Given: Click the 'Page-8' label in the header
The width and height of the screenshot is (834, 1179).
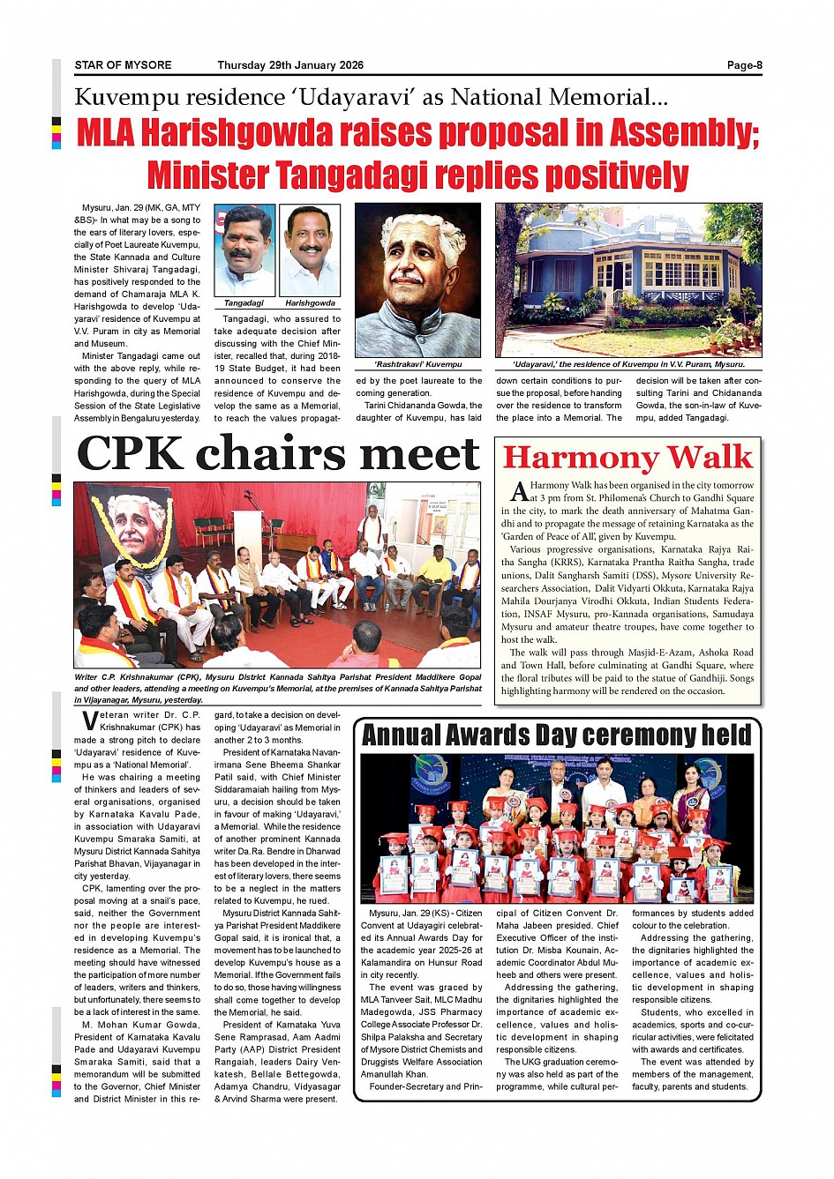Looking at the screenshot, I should click(x=744, y=65).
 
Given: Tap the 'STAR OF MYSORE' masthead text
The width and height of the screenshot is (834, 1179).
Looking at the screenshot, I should click(x=123, y=65).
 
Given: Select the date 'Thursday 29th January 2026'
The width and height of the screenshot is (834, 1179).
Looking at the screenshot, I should click(x=290, y=65).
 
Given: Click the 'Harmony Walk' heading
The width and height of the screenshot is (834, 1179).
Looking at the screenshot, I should click(x=627, y=458).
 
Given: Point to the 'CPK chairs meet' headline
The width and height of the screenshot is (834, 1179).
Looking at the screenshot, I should click(x=278, y=454).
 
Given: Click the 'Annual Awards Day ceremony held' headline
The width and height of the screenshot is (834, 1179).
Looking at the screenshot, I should click(x=557, y=735).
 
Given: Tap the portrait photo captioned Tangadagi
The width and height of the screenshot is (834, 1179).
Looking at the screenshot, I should click(x=244, y=250).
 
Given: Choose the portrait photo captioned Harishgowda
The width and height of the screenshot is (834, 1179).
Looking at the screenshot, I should click(x=310, y=250).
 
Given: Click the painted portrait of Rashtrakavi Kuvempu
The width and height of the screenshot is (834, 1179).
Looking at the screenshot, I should click(x=417, y=280).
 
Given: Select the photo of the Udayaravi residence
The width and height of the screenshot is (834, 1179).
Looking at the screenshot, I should click(x=628, y=280).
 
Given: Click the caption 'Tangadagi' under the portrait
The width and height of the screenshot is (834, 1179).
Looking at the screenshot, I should click(x=244, y=303).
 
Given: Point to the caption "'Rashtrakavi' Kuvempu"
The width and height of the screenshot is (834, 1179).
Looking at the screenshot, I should click(x=417, y=364).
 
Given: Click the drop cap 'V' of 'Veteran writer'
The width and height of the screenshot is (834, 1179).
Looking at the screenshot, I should click(x=88, y=720).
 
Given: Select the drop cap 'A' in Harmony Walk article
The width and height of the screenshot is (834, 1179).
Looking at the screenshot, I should click(x=519, y=490).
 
